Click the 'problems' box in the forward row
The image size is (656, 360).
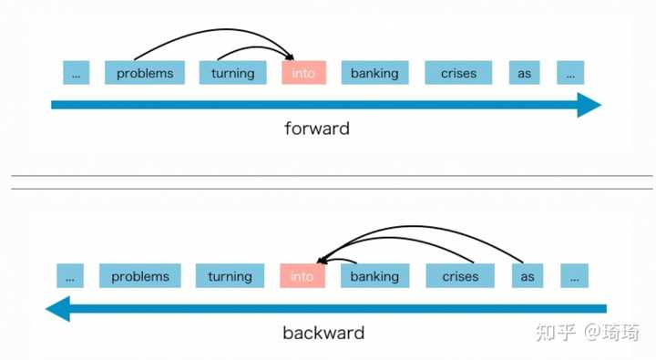click(x=145, y=73)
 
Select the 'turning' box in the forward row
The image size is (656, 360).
click(x=232, y=73)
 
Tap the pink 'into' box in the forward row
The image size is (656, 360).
click(x=303, y=73)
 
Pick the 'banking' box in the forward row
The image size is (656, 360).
click(x=374, y=73)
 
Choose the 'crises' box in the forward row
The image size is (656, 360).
click(x=458, y=73)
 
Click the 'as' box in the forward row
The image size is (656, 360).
click(x=524, y=73)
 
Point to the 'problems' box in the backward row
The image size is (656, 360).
click(x=140, y=276)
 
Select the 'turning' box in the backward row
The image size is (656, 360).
click(x=230, y=276)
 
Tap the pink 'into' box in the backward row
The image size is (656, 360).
click(x=302, y=276)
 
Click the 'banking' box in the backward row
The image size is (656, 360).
click(x=374, y=276)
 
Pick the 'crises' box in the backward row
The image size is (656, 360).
click(x=460, y=276)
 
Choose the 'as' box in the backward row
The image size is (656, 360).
click(x=528, y=276)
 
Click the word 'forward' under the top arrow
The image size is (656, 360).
click(x=316, y=128)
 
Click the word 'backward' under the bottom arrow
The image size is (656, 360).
click(x=323, y=333)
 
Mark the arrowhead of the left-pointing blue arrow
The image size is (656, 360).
click(x=58, y=309)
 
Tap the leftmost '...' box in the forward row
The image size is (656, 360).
click(x=76, y=73)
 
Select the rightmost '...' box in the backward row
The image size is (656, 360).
click(x=574, y=276)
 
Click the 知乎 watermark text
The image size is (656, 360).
click(x=554, y=332)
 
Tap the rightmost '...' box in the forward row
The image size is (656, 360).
click(x=570, y=73)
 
